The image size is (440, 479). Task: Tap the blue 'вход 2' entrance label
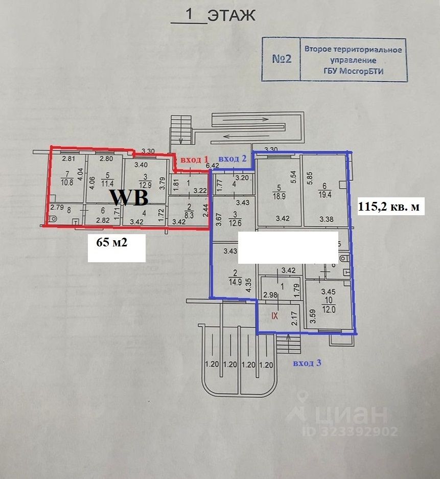(x=233, y=159)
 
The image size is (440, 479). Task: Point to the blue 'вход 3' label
(x=307, y=363)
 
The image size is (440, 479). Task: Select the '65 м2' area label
(x=112, y=243)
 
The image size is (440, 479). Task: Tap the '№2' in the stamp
(x=281, y=59)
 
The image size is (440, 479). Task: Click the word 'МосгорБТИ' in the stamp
(x=363, y=71)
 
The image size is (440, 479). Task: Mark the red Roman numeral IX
(x=274, y=316)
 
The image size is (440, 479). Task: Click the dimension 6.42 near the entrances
(x=212, y=166)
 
